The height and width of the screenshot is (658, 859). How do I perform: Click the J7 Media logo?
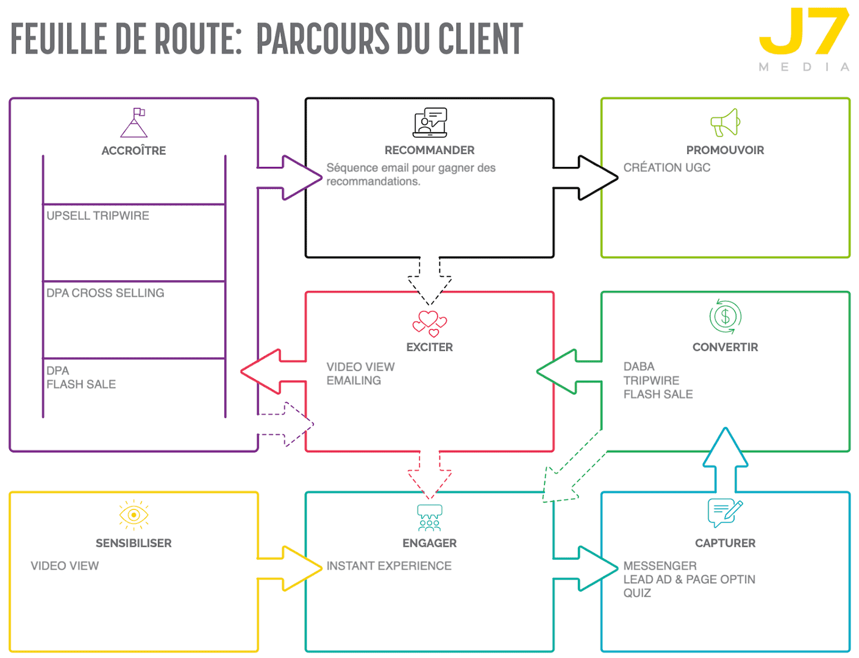coord(804,38)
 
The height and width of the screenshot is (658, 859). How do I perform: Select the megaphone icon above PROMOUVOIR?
coord(725,122)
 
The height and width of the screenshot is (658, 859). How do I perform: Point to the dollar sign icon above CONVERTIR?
coord(725,317)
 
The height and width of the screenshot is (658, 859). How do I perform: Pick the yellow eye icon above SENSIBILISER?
coord(134,515)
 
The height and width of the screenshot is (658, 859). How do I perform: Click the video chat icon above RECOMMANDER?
coord(430,122)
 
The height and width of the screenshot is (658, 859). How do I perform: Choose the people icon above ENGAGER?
coord(429,518)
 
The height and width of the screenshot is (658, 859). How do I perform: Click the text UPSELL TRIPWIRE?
coord(98,216)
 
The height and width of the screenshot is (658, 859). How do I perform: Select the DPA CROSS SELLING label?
coord(105,293)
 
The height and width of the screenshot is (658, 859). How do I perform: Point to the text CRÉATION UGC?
coord(666,168)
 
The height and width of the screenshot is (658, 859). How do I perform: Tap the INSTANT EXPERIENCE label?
coord(389,566)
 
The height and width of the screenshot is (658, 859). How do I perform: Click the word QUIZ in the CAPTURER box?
coord(637,593)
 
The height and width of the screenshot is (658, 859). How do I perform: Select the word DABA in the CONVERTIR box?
coord(638,366)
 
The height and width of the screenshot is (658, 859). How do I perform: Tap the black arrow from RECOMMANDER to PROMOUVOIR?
coord(588,177)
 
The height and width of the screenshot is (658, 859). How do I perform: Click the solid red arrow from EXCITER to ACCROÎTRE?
coord(272,371)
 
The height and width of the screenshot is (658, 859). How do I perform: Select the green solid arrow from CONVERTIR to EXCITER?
coord(568,371)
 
